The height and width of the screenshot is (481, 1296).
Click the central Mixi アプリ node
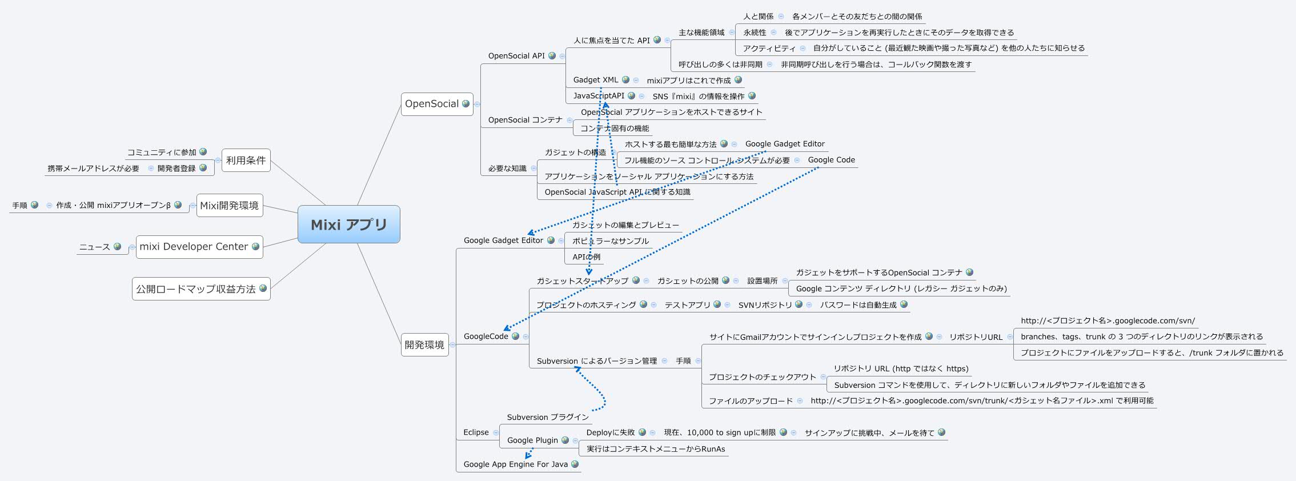coord(348,225)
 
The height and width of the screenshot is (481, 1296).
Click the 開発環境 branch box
coord(424,345)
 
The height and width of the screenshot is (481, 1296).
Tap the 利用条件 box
coord(246,161)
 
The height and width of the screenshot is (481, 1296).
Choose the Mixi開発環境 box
coord(229,206)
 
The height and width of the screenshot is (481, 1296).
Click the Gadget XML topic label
coord(596,80)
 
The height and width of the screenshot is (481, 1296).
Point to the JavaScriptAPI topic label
coord(599,96)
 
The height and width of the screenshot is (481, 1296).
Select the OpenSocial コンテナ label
coord(525,120)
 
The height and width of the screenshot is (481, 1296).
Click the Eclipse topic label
coord(476,432)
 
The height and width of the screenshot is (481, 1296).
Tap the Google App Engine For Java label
coord(515,464)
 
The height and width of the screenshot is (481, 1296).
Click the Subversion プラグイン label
coord(547,418)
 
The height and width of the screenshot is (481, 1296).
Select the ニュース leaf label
coord(94,247)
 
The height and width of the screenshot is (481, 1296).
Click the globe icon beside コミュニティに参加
coord(203,152)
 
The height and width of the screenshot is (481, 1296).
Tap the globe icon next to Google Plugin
coord(565,440)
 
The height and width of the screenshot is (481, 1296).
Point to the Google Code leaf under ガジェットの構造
coord(831,160)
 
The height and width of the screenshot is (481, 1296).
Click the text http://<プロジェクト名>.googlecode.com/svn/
coord(1108,321)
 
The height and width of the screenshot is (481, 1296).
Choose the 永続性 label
coord(755,33)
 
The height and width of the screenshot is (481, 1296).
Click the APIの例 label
coord(586,257)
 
